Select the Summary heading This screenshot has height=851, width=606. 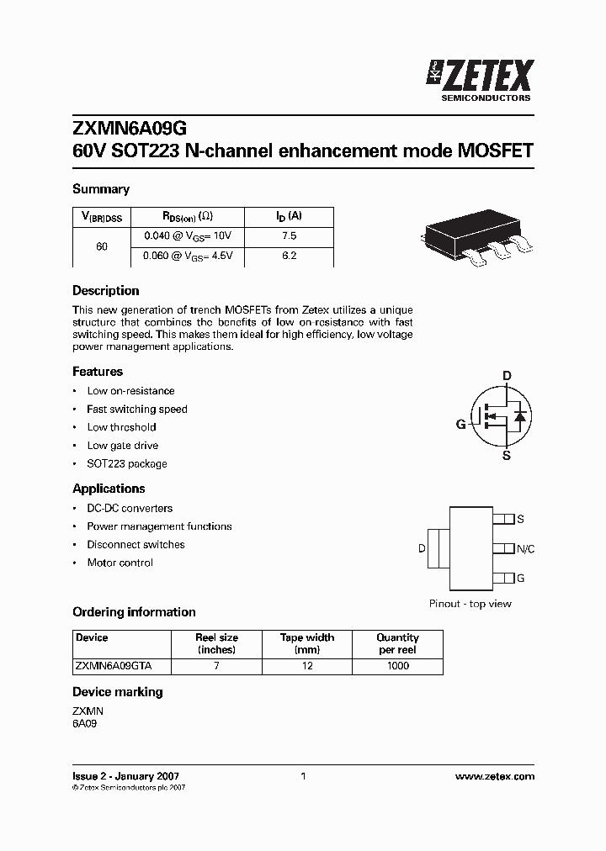coord(101,189)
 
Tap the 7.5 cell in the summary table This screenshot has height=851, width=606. coord(289,236)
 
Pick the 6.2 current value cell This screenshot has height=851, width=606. coord(289,256)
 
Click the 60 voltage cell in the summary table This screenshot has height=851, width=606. coord(102,246)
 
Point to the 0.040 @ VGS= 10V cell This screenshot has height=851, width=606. coord(187,236)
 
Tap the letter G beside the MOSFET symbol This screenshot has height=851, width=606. coord(460,425)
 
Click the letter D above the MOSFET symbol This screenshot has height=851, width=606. coord(507,376)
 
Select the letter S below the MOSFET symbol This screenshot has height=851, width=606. coord(507,456)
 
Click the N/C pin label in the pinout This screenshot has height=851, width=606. coord(525,549)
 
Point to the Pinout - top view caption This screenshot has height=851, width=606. coord(470,604)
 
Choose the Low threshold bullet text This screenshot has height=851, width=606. coord(121,427)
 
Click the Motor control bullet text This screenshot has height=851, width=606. coord(120,563)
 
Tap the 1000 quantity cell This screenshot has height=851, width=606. coord(397,665)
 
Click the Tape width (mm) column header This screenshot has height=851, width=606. coord(307,643)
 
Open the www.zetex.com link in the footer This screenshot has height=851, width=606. coord(494,776)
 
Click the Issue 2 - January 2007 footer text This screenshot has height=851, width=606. coord(125,776)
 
